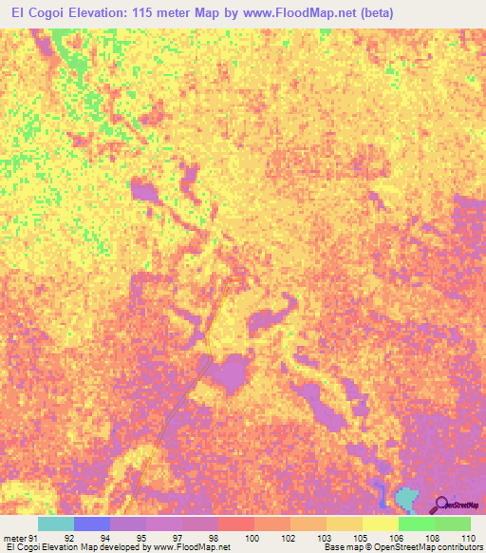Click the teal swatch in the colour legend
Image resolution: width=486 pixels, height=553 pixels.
coord(56,524)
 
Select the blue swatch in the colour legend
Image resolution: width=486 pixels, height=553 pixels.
coord(92,524)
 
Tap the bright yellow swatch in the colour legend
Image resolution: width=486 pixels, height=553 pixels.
coord(380,524)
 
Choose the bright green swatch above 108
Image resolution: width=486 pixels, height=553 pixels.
coord(416,524)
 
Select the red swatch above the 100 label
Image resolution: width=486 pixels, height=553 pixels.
coord(236,524)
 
